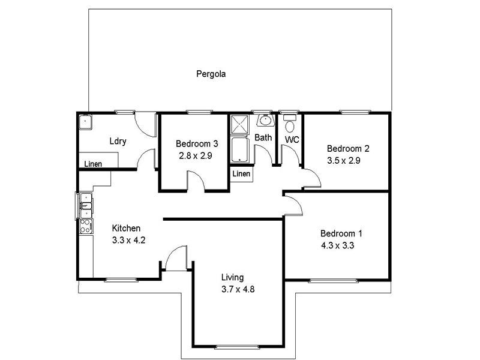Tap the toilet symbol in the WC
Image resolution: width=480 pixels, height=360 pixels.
(290, 126)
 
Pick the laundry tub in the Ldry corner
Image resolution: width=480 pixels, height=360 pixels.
(85, 122)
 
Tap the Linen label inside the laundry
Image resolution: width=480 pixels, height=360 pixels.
(92, 164)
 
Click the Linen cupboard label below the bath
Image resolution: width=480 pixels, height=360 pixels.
(241, 174)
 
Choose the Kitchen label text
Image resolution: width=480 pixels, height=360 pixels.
(127, 229)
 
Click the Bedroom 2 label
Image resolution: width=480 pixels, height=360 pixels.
(347, 149)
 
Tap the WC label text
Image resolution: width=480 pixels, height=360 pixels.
(292, 140)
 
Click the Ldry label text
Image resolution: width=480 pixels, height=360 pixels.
(118, 142)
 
